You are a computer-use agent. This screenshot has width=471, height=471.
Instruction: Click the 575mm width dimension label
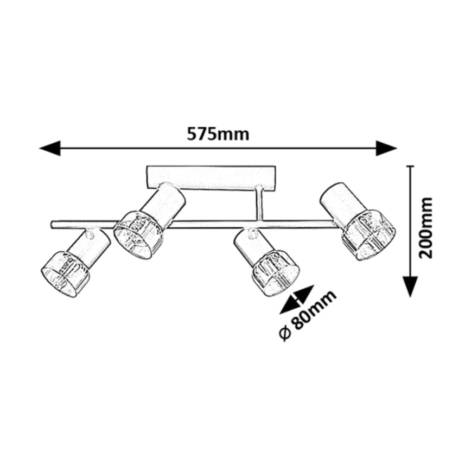(218, 134)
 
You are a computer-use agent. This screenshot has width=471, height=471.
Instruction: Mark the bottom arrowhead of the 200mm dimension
(410, 285)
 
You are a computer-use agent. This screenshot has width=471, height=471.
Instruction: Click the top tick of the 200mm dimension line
(410, 167)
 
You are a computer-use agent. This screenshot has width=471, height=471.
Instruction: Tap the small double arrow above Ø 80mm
(296, 300)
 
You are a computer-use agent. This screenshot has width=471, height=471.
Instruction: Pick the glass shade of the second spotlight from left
(138, 234)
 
